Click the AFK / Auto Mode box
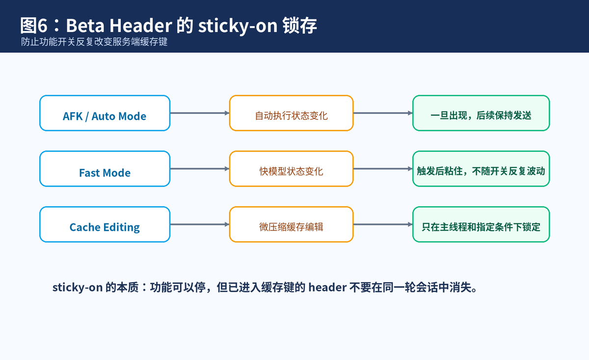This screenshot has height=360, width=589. click(x=105, y=113)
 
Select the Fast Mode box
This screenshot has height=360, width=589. click(x=105, y=168)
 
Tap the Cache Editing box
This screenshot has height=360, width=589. click(x=105, y=224)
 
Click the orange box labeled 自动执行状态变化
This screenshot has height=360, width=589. click(x=292, y=113)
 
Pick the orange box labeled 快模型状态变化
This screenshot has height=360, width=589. click(x=292, y=168)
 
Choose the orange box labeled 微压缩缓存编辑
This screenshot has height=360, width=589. click(x=292, y=224)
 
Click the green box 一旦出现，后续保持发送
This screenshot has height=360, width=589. click(x=481, y=113)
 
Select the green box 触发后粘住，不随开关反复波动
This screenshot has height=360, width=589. click(x=481, y=168)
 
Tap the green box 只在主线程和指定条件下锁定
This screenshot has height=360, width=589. click(x=481, y=224)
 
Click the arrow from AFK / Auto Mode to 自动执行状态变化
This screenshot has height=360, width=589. click(x=200, y=113)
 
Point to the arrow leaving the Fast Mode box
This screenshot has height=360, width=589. click(x=200, y=168)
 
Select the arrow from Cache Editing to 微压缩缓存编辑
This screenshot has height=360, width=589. click(x=200, y=224)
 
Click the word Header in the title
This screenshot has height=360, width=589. click(x=141, y=26)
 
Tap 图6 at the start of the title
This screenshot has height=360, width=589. click(x=34, y=26)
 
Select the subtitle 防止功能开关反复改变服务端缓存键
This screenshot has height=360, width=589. click(x=94, y=42)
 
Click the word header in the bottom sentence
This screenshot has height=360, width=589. click(x=327, y=287)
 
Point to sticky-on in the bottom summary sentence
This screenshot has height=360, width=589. click(x=78, y=287)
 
